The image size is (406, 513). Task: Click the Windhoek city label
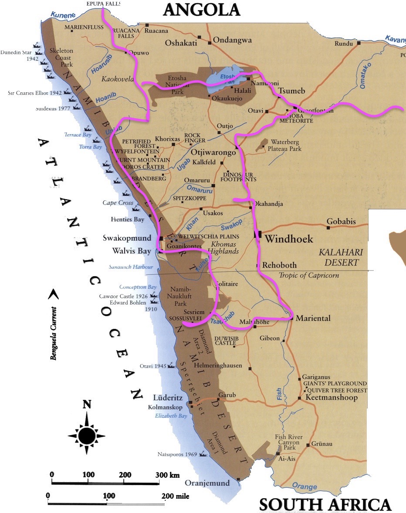click(289, 239)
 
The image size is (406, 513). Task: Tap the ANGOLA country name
click(202, 10)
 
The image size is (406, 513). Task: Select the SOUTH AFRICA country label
click(325, 504)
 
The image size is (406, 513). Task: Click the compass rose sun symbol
click(87, 434)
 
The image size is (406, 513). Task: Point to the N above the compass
click(87, 405)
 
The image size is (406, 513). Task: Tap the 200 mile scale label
click(175, 496)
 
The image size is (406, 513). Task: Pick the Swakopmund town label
click(127, 238)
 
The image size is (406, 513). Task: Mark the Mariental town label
click(313, 318)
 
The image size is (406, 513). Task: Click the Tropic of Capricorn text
click(308, 275)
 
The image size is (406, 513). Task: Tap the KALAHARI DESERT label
click(338, 257)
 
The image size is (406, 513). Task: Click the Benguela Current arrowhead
click(53, 295)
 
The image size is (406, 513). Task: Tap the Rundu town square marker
click(359, 43)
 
